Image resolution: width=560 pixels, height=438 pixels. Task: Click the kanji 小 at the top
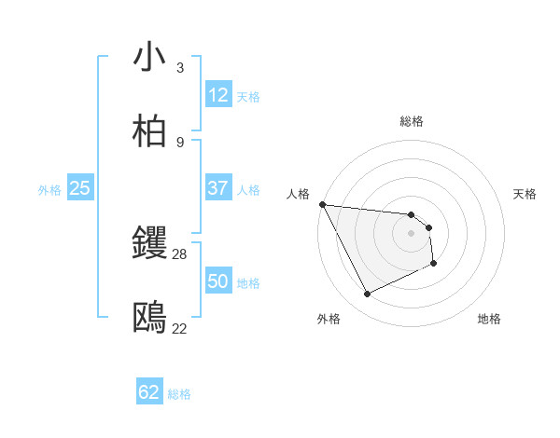[150, 58]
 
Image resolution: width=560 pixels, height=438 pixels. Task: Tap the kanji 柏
[150, 131]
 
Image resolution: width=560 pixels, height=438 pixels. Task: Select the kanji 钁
[150, 244]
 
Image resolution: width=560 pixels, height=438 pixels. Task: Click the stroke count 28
[180, 254]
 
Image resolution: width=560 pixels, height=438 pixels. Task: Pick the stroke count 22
[180, 328]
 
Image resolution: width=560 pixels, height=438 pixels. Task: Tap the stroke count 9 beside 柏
[180, 142]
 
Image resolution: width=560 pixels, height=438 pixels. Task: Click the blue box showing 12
[218, 95]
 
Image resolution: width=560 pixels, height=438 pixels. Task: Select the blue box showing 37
[218, 188]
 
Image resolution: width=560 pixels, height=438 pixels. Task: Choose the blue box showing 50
[218, 281]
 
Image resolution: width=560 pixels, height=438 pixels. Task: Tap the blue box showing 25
[80, 188]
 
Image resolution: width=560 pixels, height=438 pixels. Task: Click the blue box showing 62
[149, 392]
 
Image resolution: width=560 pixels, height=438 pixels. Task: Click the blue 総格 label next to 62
[179, 394]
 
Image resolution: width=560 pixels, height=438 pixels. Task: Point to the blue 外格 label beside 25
[49, 190]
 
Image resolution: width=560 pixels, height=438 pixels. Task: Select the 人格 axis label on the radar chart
[298, 194]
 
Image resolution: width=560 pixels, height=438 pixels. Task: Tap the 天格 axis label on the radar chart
[525, 194]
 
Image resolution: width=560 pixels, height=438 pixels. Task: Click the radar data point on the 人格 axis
[322, 204]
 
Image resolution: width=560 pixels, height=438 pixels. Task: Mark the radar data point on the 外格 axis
[367, 294]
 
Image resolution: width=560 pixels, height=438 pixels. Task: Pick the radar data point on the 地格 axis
[434, 264]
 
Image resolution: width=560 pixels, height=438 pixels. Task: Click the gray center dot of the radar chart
[411, 232]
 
